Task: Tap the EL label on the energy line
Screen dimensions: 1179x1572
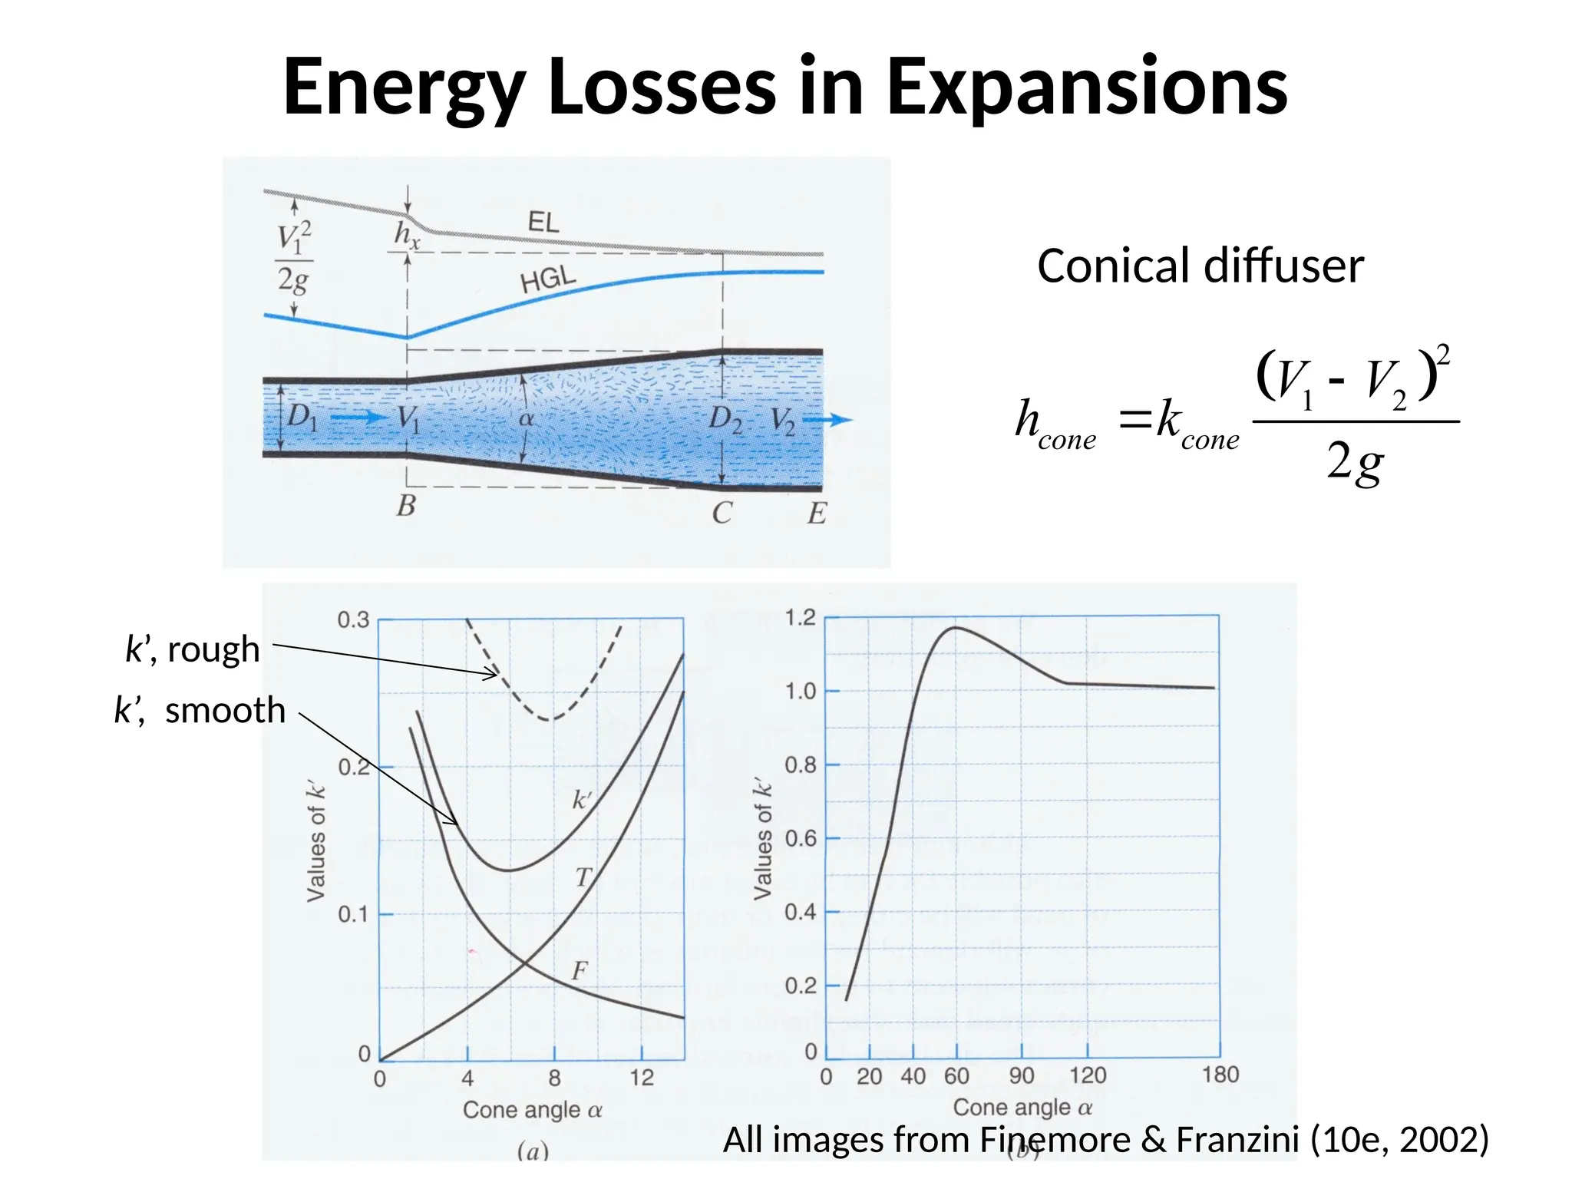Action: [x=543, y=223]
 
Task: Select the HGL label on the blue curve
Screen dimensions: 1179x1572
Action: [x=547, y=279]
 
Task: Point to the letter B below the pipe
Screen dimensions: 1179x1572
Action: [x=406, y=507]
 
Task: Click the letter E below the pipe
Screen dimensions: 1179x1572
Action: [x=817, y=513]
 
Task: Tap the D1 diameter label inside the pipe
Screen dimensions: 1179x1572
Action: [x=302, y=417]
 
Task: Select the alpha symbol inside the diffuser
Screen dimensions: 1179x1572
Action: [x=526, y=419]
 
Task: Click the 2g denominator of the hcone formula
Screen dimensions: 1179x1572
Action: [x=1355, y=462]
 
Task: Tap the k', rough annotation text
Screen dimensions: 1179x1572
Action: [x=193, y=649]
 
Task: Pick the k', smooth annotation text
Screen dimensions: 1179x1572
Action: [x=200, y=711]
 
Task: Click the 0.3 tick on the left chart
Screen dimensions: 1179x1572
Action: [x=353, y=619]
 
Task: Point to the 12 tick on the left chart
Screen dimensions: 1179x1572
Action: [x=642, y=1078]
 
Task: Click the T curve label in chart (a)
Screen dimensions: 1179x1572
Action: [x=584, y=877]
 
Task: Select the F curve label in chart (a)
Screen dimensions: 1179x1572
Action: [x=580, y=971]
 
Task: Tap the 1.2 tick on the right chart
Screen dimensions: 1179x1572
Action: [x=800, y=617]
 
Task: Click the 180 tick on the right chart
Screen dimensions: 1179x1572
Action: [x=1220, y=1075]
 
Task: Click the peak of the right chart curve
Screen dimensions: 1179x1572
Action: [x=956, y=628]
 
